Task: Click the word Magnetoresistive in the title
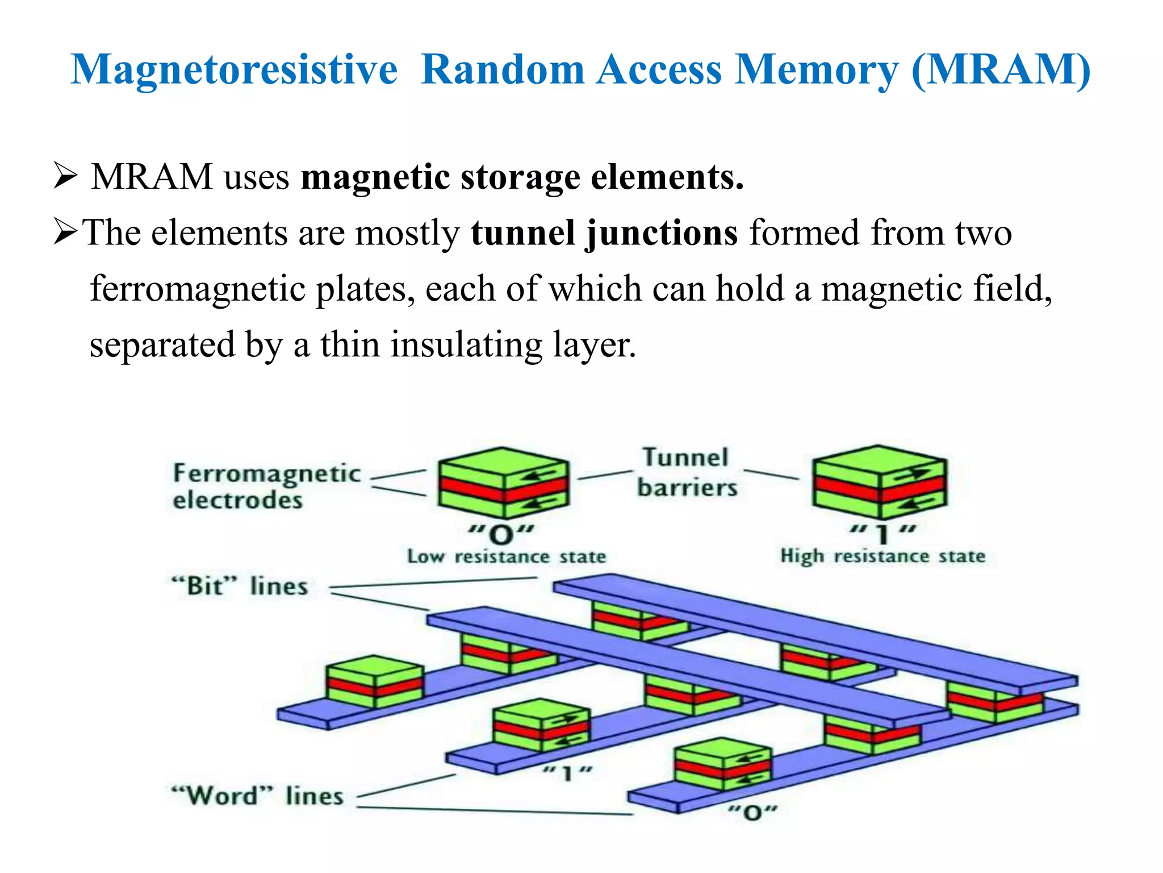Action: [x=234, y=69]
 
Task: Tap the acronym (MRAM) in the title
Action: [x=1001, y=69]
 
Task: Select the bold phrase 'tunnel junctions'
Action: [x=604, y=233]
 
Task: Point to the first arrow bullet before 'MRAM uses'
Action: [x=65, y=176]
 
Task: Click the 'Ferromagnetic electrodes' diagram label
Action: [x=266, y=487]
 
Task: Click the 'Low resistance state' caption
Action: [x=507, y=556]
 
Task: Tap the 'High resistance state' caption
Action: [x=882, y=555]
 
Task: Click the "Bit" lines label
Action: [x=240, y=586]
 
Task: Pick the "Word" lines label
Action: [x=257, y=795]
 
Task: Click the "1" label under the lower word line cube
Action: [x=566, y=773]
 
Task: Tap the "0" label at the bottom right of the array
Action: [x=752, y=813]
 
